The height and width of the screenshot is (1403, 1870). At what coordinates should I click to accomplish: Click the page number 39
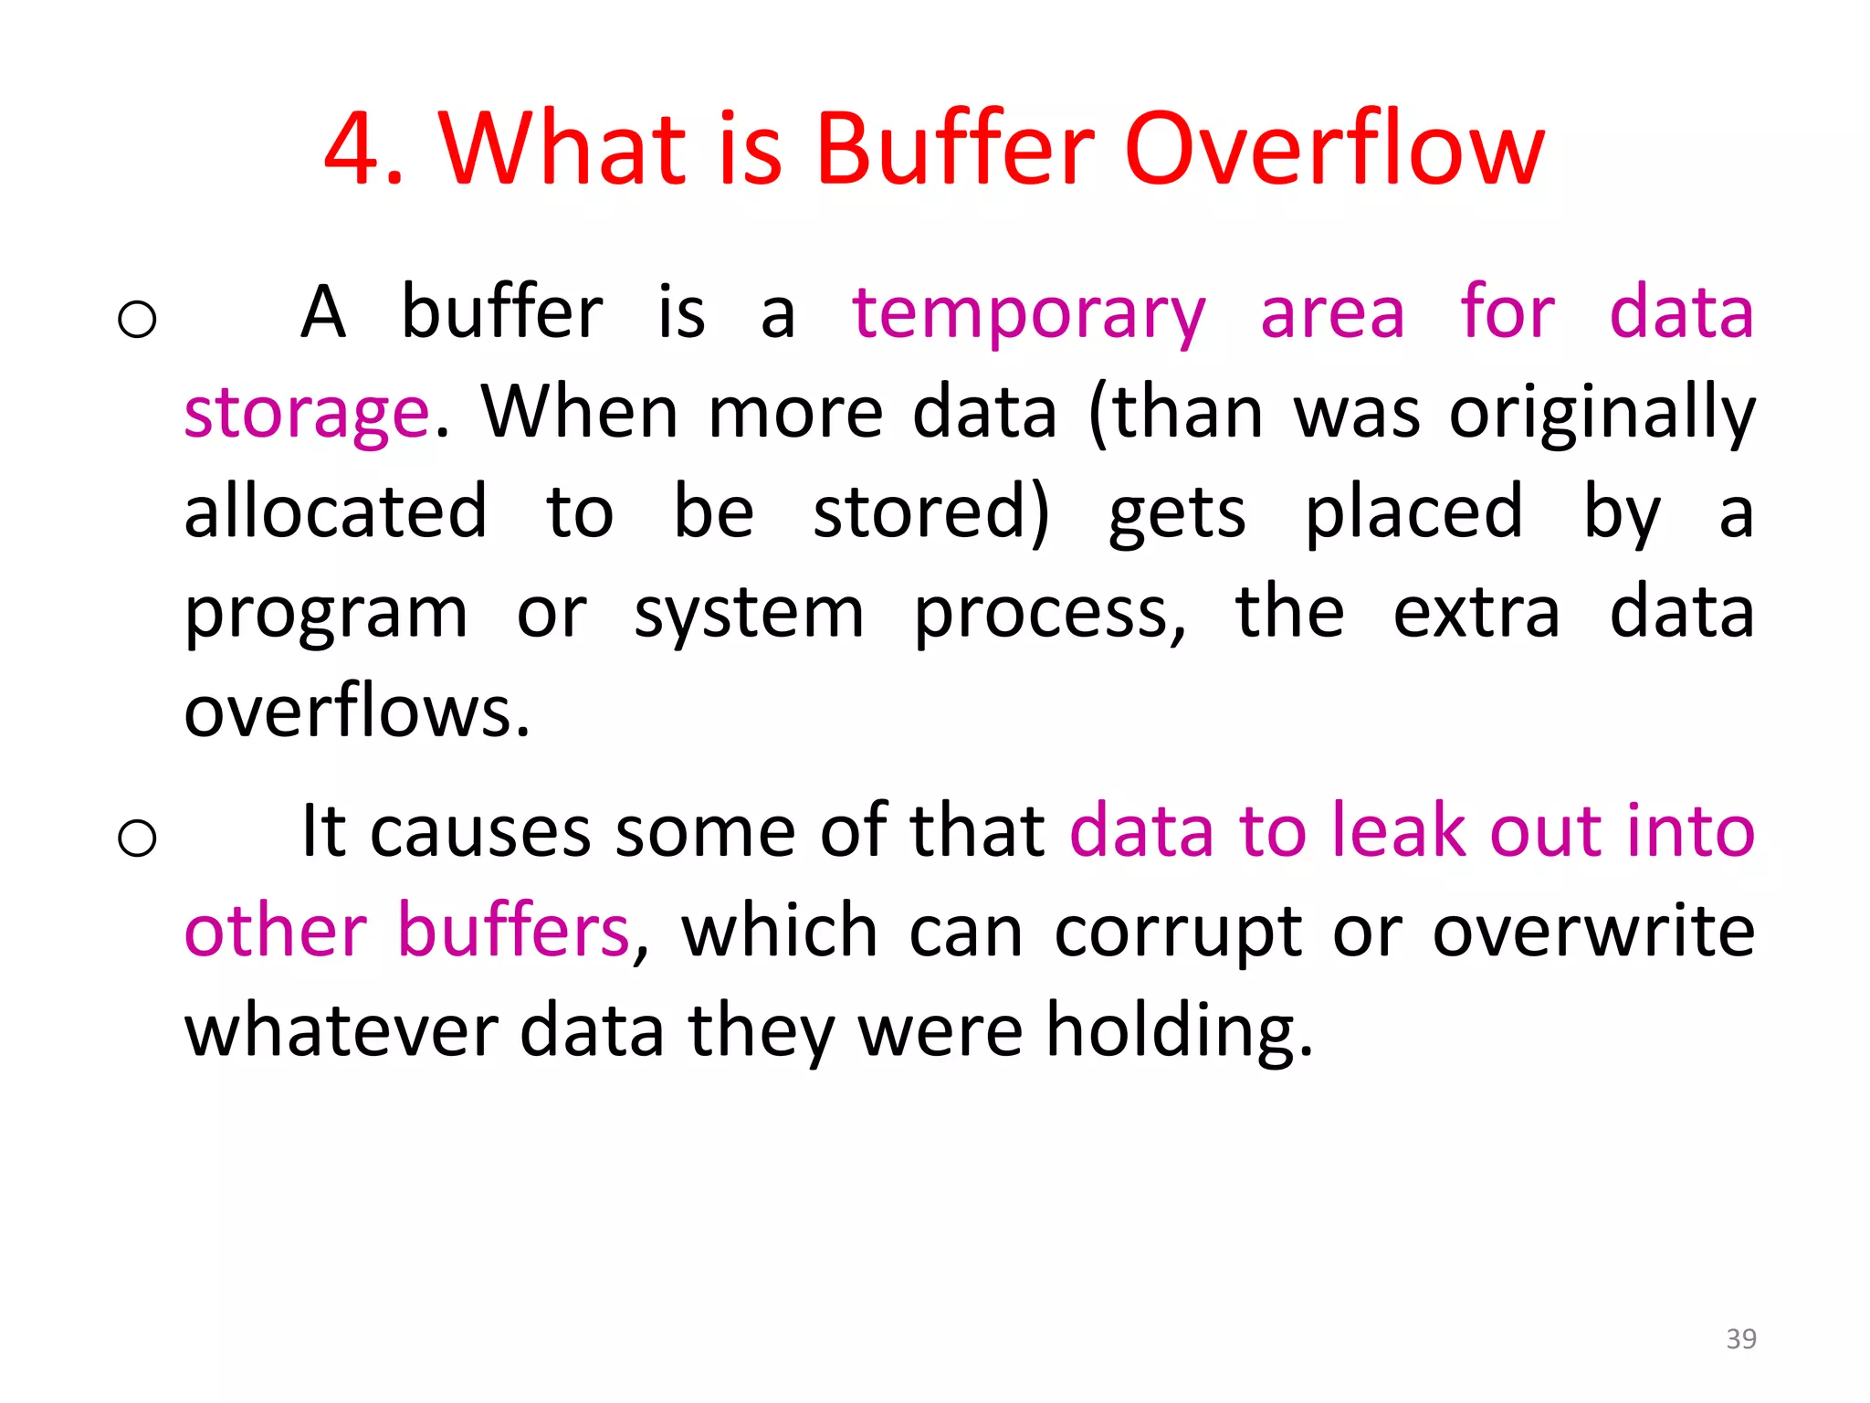point(1740,1338)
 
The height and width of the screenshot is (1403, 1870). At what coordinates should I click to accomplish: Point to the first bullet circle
point(138,320)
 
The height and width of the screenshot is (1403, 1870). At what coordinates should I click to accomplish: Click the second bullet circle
point(138,838)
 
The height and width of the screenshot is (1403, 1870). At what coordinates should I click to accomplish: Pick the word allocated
point(335,512)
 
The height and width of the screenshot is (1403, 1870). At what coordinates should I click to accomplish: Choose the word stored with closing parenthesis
point(931,512)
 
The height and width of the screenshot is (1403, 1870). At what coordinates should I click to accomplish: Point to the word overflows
point(356,712)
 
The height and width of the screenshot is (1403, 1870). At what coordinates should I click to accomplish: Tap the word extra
point(1476,612)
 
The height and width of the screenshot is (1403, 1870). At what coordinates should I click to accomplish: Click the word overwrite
point(1593,931)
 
